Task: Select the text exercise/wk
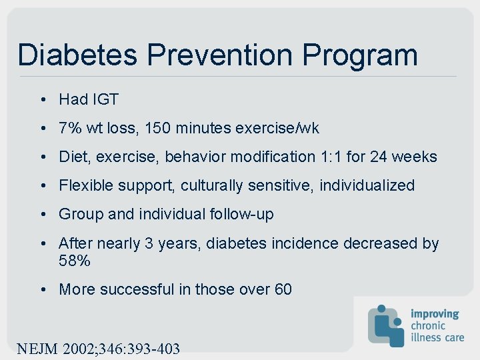pos(277,129)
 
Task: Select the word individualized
pos(367,186)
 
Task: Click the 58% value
pos(75,261)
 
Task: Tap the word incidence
pos(305,243)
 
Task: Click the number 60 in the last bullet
pos(283,289)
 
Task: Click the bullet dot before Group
pos(42,215)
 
